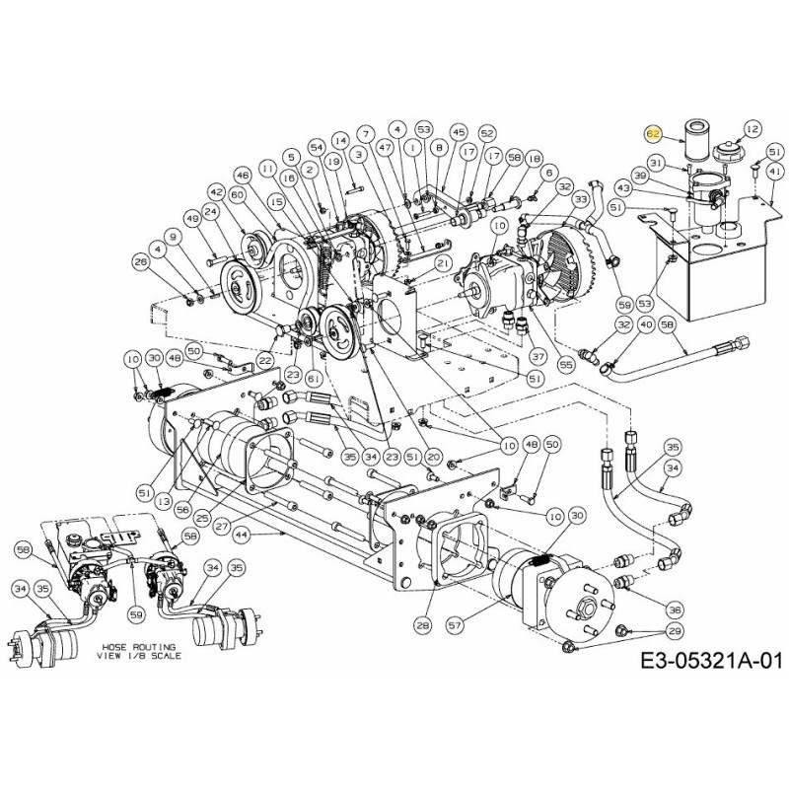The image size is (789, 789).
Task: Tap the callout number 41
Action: click(774, 171)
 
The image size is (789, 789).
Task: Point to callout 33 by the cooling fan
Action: click(582, 201)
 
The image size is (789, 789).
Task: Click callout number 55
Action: click(566, 364)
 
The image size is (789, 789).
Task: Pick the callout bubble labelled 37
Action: click(538, 356)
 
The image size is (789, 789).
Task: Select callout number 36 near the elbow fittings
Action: click(675, 609)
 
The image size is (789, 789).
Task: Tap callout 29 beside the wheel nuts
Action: click(674, 630)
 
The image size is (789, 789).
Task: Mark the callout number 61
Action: click(314, 377)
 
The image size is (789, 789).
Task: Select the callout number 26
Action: click(140, 262)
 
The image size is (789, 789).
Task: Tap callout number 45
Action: click(458, 131)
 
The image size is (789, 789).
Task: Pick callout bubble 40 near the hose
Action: click(647, 323)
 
